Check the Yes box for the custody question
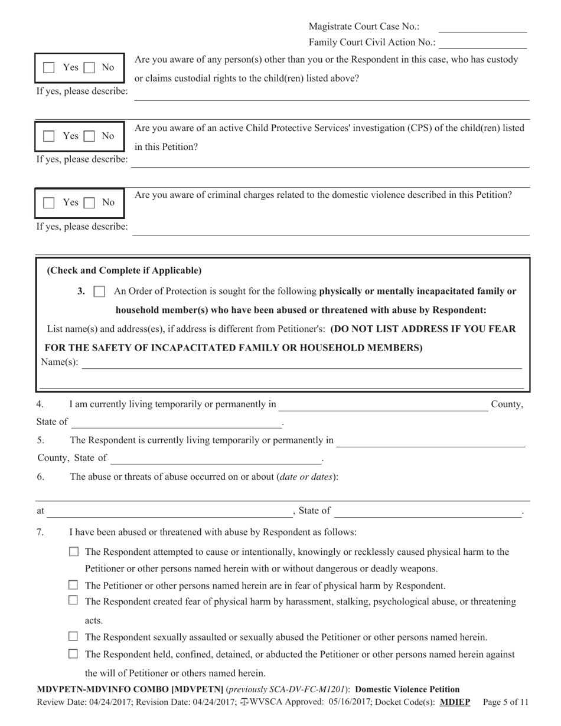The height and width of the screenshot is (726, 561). (50, 68)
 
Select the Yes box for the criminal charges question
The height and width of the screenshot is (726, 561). (50, 203)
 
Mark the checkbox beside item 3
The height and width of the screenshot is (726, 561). (100, 291)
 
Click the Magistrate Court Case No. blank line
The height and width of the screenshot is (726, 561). (482, 27)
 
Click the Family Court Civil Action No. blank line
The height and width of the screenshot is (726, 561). (482, 43)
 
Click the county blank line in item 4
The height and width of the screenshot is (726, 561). (383, 405)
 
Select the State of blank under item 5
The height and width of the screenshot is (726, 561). (216, 458)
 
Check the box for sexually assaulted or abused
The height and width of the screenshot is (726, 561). (74, 637)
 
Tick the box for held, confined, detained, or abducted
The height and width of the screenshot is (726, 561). (74, 654)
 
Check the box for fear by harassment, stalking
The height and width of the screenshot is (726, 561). (74, 601)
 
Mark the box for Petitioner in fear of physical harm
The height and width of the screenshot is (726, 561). (74, 586)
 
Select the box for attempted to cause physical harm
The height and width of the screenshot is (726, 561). (74, 552)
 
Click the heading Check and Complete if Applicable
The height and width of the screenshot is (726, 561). (124, 271)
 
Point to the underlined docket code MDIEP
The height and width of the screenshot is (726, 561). (455, 702)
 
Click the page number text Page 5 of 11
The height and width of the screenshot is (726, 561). (505, 702)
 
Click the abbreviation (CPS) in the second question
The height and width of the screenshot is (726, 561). (420, 128)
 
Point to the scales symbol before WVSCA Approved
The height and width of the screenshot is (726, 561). (244, 702)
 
